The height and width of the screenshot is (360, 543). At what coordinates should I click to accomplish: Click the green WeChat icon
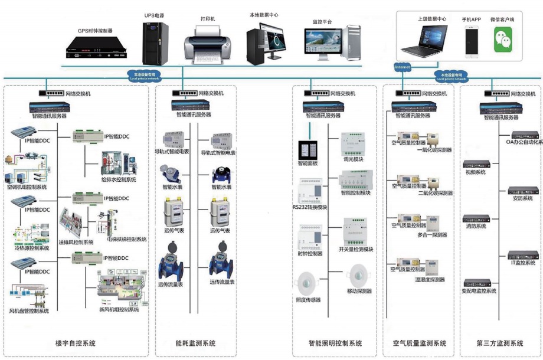502,41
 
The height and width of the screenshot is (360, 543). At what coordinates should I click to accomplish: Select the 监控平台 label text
322,22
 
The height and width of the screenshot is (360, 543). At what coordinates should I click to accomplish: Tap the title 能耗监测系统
195,343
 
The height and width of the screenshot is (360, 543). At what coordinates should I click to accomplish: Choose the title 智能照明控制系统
335,343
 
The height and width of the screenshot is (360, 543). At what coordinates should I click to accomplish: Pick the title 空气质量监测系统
419,343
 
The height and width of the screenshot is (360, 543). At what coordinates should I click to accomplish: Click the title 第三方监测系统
500,343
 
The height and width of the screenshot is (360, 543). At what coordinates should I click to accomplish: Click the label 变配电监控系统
479,291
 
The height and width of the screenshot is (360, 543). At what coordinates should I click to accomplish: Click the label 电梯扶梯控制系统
126,240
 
